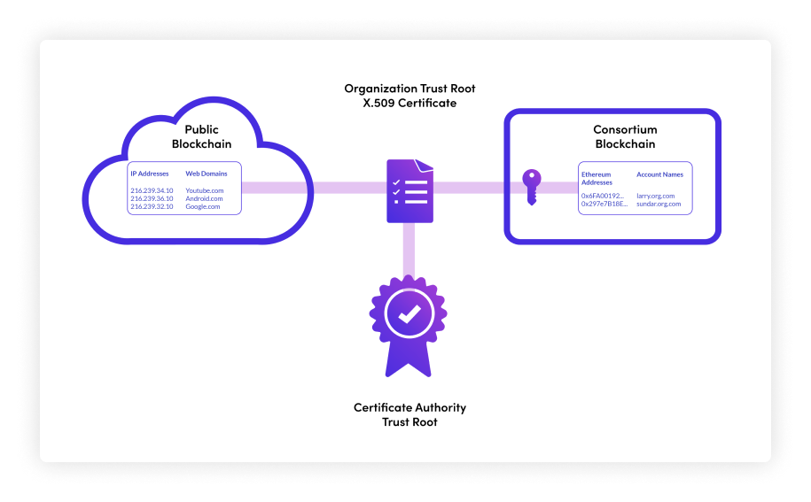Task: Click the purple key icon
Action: pyautogui.click(x=530, y=187)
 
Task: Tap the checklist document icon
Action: pyautogui.click(x=409, y=190)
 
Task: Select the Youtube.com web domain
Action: pyautogui.click(x=205, y=190)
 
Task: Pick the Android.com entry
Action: pyautogui.click(x=204, y=198)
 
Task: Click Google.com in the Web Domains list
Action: pyautogui.click(x=203, y=206)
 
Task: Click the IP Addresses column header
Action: pyautogui.click(x=150, y=174)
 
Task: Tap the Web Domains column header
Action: pyautogui.click(x=207, y=174)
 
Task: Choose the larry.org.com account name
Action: pyautogui.click(x=656, y=196)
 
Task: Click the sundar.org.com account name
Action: pyautogui.click(x=659, y=204)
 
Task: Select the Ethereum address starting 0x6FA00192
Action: pyautogui.click(x=604, y=196)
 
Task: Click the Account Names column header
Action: pyautogui.click(x=660, y=174)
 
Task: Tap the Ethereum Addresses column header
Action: pyautogui.click(x=597, y=179)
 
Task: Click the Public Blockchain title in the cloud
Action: pyautogui.click(x=201, y=136)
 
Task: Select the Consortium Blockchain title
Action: pyautogui.click(x=625, y=136)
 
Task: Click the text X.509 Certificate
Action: pyautogui.click(x=409, y=103)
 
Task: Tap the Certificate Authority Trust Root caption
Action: pyautogui.click(x=409, y=414)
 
